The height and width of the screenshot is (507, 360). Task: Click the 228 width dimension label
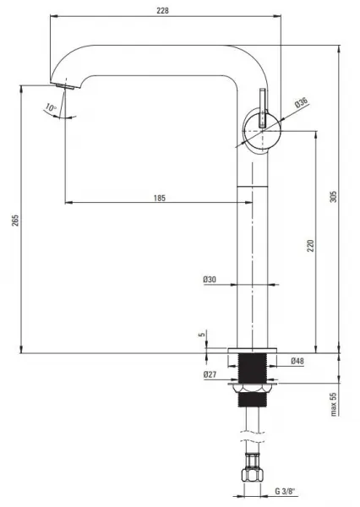pos(163,11)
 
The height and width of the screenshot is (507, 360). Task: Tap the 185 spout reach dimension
pos(160,198)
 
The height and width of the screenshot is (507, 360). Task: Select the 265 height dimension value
pos(15,220)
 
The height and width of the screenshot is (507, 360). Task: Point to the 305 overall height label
pos(333,197)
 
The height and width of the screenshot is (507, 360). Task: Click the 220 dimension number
pos(310,246)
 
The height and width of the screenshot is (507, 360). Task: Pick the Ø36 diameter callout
pos(301,103)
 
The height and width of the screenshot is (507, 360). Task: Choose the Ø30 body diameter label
pos(210,280)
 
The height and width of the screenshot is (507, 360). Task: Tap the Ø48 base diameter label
pos(297,361)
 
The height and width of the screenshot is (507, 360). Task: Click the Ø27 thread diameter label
pos(210,374)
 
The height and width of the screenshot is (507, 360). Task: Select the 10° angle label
pos(51,107)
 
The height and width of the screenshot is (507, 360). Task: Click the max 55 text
pos(334,404)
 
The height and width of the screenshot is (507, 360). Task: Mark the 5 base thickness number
pos(202,335)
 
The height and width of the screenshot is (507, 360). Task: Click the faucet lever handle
pos(262,107)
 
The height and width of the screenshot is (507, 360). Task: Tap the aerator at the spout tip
pos(65,86)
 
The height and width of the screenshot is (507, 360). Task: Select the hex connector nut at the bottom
pos(253,475)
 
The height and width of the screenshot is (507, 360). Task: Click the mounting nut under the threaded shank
pos(253,388)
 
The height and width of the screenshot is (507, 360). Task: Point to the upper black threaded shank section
pos(253,368)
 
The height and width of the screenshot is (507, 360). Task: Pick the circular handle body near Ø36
pos(262,131)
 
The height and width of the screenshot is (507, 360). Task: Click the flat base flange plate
pos(253,351)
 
